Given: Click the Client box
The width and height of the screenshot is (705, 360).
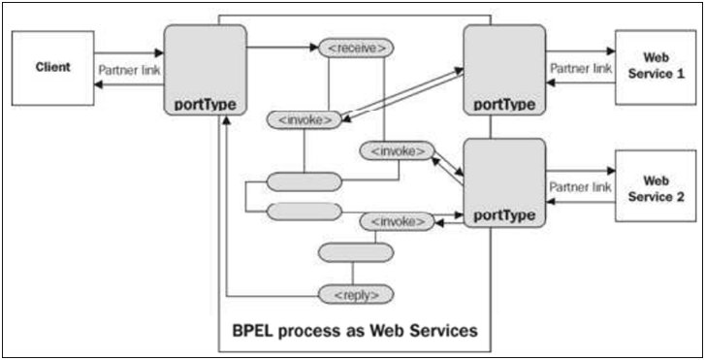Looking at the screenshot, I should click(52, 68).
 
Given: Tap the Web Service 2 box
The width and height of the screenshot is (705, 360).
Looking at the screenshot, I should click(655, 185).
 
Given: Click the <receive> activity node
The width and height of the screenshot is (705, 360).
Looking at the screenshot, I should click(356, 47).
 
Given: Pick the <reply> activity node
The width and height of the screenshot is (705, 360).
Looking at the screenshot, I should click(356, 293).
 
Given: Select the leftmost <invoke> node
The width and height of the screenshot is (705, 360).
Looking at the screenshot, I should click(304, 120).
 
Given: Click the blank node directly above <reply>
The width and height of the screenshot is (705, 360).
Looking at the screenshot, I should click(356, 252).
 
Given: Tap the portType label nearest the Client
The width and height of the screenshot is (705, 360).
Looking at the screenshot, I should click(205, 104).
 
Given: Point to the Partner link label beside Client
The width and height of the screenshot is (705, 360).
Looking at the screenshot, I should click(129, 70).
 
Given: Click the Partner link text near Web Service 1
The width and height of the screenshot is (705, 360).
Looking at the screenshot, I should click(581, 69).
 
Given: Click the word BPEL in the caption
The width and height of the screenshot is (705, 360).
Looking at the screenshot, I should click(255, 330).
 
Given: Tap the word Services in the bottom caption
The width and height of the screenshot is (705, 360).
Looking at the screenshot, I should click(444, 330).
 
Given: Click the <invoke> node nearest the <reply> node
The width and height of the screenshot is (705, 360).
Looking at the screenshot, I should click(396, 222).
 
